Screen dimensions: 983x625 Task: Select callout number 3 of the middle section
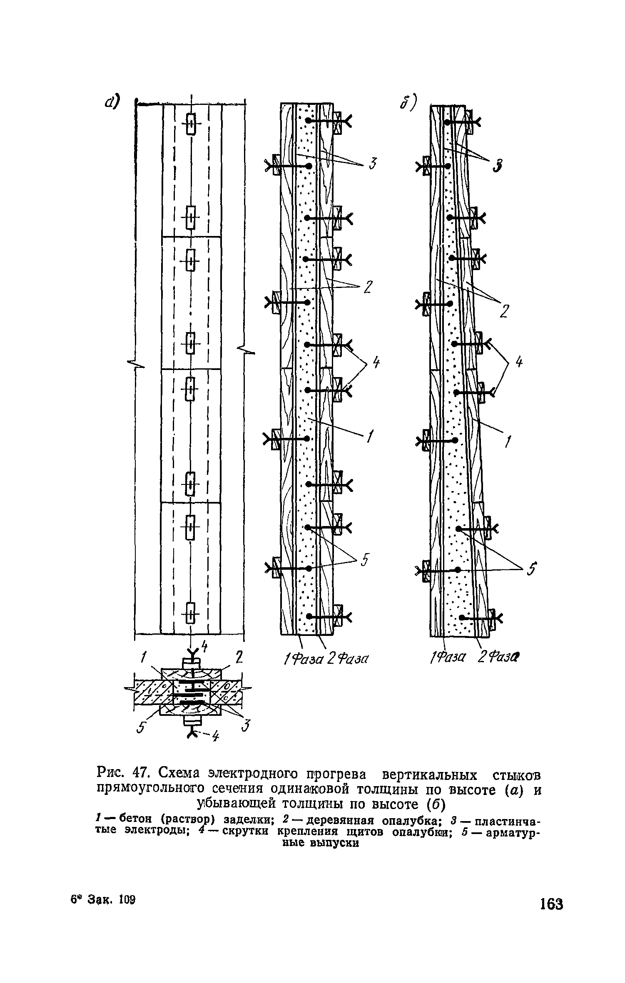pyautogui.click(x=373, y=165)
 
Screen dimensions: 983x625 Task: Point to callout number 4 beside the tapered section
pyautogui.click(x=518, y=363)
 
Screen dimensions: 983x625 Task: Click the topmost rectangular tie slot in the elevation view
pyautogui.click(x=191, y=124)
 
